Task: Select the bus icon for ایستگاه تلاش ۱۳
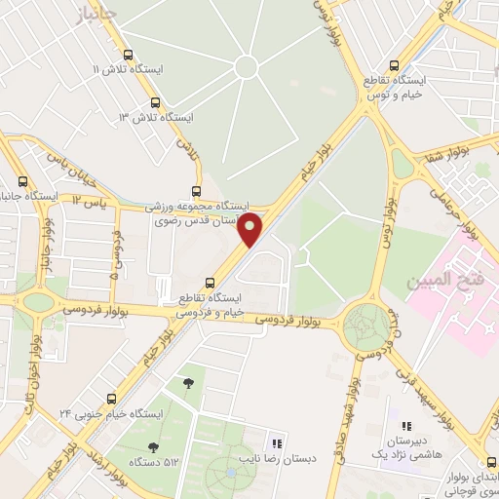click(155, 102)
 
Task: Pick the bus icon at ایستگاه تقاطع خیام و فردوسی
click(209, 283)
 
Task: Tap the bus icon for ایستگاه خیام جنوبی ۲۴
click(111, 399)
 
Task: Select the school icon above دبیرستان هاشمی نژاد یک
click(407, 426)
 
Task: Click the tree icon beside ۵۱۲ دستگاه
click(153, 446)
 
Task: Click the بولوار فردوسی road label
click(289, 318)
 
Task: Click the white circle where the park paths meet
click(246, 66)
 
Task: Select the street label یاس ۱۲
click(89, 200)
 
